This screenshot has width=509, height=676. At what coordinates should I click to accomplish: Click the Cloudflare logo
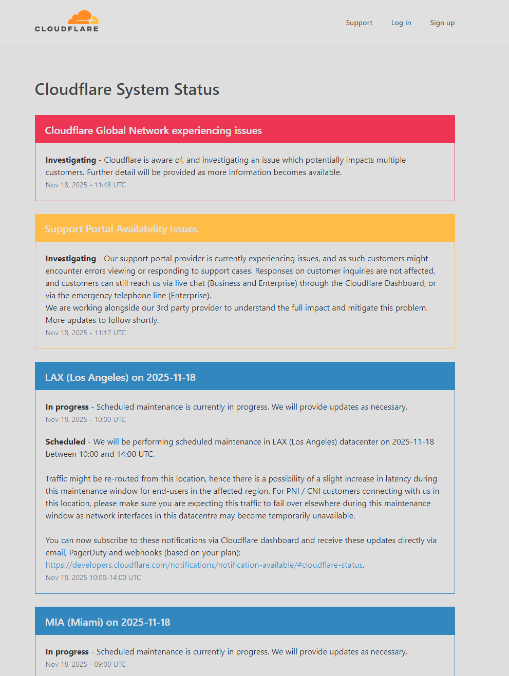[x=67, y=22]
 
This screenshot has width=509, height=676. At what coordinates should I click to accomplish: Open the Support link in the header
[x=359, y=23]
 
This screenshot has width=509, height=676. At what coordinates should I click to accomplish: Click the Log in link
[x=401, y=23]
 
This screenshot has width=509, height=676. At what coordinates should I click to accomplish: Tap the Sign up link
[x=442, y=23]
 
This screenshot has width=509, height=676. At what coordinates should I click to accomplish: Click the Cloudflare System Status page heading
[x=127, y=89]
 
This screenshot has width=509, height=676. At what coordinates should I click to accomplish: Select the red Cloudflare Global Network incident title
[x=153, y=130]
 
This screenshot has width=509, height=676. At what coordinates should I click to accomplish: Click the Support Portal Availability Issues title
[x=121, y=229]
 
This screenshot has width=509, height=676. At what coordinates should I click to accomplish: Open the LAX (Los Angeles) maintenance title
[x=120, y=377]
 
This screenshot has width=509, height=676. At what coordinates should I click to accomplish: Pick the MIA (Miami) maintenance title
[x=107, y=622]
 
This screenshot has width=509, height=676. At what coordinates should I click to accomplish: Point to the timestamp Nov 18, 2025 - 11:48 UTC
[x=86, y=185]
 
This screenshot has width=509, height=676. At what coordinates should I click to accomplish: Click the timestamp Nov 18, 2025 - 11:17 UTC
[x=86, y=333]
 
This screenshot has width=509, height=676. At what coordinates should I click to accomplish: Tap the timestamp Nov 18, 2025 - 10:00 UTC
[x=86, y=419]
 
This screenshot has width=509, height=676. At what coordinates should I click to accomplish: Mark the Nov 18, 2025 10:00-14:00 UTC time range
[x=93, y=577]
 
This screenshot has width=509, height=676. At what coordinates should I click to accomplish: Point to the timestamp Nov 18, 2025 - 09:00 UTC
[x=86, y=664]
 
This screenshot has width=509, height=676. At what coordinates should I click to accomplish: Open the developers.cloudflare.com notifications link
[x=204, y=565]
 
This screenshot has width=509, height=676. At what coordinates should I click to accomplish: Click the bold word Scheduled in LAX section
[x=65, y=441]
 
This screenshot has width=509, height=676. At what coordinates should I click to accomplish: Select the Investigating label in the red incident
[x=71, y=160]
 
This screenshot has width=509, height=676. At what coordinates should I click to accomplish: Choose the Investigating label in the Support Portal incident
[x=71, y=259]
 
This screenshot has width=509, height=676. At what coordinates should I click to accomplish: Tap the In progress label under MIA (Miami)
[x=67, y=652]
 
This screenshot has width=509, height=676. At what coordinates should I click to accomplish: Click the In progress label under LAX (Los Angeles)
[x=67, y=407]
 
